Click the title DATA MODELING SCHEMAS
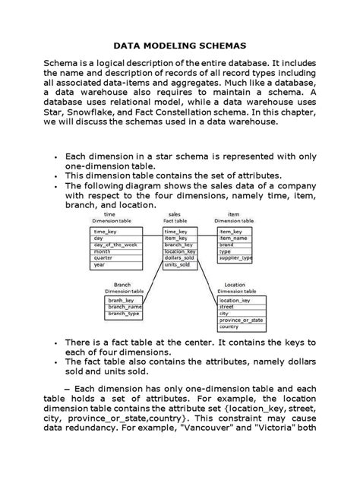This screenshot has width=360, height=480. pyautogui.click(x=179, y=45)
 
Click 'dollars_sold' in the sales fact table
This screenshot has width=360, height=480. pyautogui.click(x=179, y=257)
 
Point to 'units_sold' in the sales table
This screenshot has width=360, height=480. pyautogui.click(x=177, y=265)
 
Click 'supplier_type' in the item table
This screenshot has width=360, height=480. pyautogui.click(x=235, y=257)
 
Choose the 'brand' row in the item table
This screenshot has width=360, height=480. pyautogui.click(x=226, y=244)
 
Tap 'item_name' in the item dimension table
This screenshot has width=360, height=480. pyautogui.click(x=232, y=237)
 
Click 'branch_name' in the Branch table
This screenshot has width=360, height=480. pyautogui.click(x=125, y=305)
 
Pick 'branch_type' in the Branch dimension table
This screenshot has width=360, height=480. pyautogui.click(x=124, y=312)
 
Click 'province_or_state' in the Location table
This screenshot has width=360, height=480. pyautogui.click(x=240, y=320)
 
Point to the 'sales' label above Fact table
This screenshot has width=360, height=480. pyautogui.click(x=175, y=214)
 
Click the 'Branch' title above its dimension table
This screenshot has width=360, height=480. pyautogui.click(x=111, y=284)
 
